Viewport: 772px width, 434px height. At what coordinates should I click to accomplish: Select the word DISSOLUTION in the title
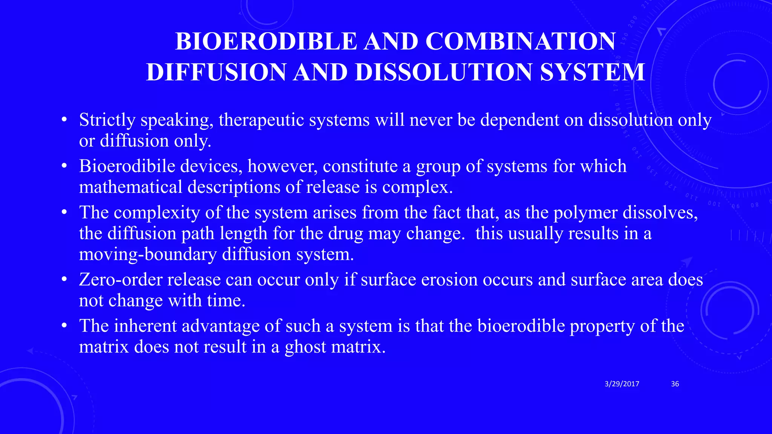click(444, 72)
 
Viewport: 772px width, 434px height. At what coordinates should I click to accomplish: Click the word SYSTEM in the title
click(592, 72)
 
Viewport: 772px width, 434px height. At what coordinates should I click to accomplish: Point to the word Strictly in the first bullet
click(107, 120)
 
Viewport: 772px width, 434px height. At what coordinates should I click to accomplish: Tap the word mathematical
click(130, 187)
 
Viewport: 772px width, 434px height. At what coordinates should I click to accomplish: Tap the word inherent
click(145, 326)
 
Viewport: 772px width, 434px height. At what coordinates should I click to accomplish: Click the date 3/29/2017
click(622, 384)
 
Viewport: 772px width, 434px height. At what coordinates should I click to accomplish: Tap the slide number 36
click(675, 384)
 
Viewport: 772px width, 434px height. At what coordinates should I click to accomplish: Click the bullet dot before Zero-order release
click(64, 280)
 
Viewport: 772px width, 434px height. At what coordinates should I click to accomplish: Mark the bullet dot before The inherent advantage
click(64, 326)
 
